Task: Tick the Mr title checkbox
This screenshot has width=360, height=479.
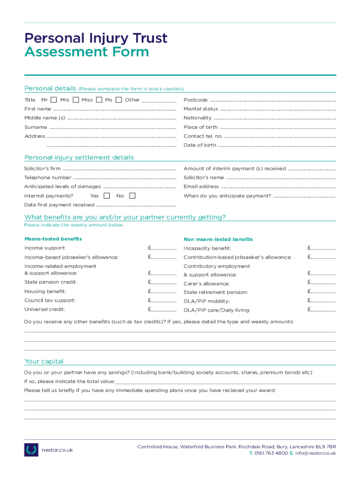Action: pos(54,100)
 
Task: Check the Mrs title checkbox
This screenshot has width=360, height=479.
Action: pos(75,100)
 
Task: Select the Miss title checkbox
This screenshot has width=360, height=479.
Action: pos(99,100)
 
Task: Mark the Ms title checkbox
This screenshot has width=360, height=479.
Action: pos(119,100)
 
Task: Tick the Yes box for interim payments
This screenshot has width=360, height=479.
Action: pos(107,196)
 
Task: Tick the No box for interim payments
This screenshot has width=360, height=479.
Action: pos(132,196)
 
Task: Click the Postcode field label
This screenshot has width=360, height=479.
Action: pos(195,100)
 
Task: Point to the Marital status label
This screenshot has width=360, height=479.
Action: pos(201,109)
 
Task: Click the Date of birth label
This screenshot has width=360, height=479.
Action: pos(200,145)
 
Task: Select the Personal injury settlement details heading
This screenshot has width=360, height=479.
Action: pos(79,158)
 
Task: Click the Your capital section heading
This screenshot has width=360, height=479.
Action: pos(44,361)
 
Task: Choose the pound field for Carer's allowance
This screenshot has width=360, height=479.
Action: pos(322,282)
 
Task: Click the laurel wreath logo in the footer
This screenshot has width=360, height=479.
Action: pos(31,450)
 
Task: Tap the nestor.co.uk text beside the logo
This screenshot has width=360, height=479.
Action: pos(58,450)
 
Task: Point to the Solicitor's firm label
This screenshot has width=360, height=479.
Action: pos(43,168)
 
